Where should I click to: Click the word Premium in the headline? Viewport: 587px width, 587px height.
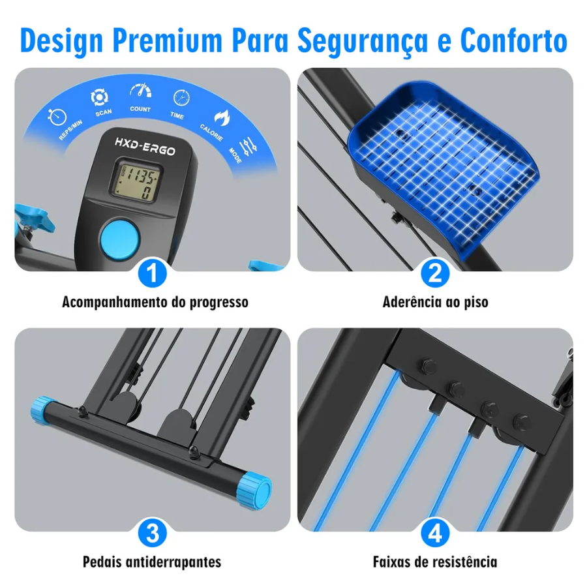168,40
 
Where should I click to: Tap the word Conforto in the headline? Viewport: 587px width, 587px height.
514,40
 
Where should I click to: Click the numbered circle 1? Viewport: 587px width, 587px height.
153,273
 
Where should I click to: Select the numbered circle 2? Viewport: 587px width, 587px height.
435,273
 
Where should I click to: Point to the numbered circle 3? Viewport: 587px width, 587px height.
153,533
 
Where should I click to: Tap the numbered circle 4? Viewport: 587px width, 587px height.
435,533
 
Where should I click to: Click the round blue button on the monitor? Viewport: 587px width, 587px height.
119,239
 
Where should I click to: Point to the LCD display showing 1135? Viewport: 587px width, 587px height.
136,181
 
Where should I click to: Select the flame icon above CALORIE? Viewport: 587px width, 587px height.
222,117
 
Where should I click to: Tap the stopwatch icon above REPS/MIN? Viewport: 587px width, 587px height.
57,117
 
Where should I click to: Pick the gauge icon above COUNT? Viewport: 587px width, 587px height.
141,91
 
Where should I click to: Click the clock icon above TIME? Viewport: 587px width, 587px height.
181,98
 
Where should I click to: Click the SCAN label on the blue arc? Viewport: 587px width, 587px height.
103,112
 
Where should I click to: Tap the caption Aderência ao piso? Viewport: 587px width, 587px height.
436,302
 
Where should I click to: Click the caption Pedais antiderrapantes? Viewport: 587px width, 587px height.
152,562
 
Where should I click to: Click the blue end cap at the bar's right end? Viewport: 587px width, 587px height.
254,490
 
